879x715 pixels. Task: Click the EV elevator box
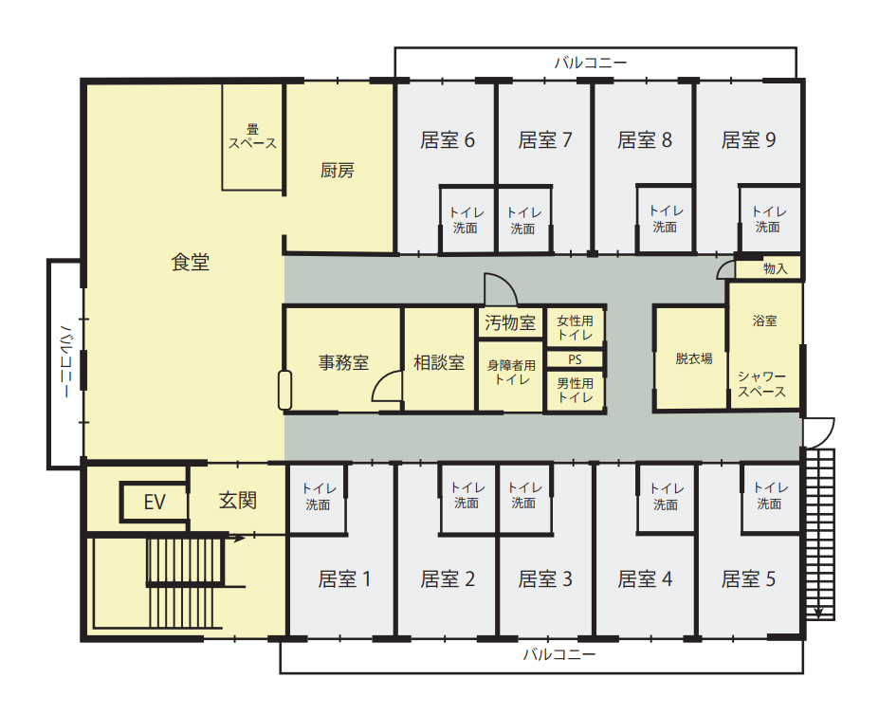[155, 502]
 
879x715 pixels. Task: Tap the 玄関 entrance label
[238, 501]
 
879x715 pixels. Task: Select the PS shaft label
[575, 359]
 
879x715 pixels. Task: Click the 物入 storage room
[769, 268]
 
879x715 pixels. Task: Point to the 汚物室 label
[510, 322]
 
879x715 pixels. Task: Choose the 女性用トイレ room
[576, 327]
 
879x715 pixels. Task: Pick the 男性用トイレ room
[576, 391]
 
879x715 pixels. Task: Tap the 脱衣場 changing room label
[693, 358]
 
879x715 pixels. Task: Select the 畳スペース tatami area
[252, 137]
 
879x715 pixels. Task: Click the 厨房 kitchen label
[337, 171]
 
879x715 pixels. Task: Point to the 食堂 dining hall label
[190, 262]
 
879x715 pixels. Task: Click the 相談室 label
[439, 363]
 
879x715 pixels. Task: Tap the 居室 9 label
[748, 140]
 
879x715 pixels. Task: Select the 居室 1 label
[344, 579]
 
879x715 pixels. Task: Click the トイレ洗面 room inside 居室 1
[317, 499]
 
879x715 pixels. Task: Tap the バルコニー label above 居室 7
[591, 63]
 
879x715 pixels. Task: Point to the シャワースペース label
[761, 384]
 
